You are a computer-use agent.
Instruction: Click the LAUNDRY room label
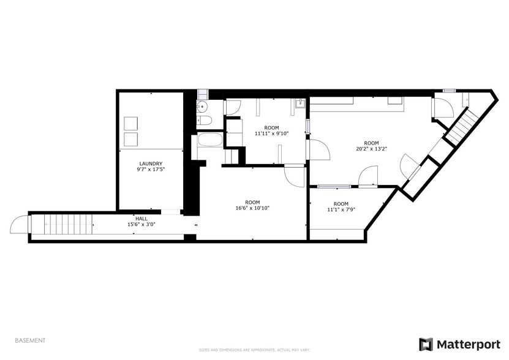coord(151,163)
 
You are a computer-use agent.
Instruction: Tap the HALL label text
coord(141,218)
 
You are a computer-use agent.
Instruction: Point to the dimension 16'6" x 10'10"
coord(252,208)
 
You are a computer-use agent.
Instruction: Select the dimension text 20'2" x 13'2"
coord(371,148)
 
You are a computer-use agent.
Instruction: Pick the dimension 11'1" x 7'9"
coord(341,210)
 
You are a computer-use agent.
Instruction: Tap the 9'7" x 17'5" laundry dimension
coord(151,170)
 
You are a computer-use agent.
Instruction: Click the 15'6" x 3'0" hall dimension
coord(141,224)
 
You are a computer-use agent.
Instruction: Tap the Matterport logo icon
coord(425,344)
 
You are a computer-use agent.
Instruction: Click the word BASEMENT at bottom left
coord(29,340)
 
